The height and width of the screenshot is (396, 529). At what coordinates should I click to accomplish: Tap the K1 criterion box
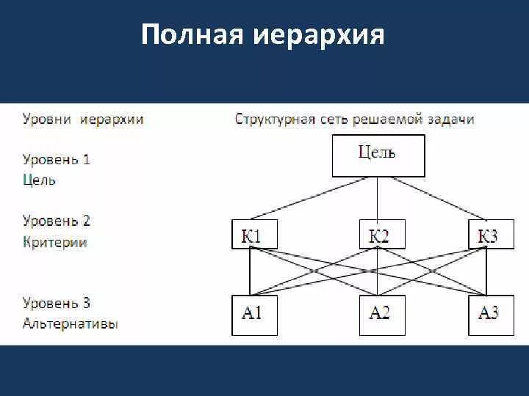click(x=250, y=235)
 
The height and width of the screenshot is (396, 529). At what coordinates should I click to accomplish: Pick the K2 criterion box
click(x=378, y=235)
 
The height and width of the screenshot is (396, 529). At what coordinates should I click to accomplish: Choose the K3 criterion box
click(x=487, y=235)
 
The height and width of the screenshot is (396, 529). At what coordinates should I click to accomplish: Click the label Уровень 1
click(x=57, y=159)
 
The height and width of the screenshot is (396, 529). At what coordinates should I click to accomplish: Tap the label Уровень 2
click(x=57, y=221)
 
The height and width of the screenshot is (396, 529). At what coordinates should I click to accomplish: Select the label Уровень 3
click(x=57, y=303)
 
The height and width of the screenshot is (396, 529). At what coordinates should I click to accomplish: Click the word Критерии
click(x=55, y=242)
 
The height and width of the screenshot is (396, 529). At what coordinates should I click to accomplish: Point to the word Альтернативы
click(x=71, y=323)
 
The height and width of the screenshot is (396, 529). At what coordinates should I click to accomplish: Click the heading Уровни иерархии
click(x=83, y=119)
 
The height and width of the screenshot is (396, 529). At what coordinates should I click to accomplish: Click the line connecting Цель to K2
click(x=378, y=198)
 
